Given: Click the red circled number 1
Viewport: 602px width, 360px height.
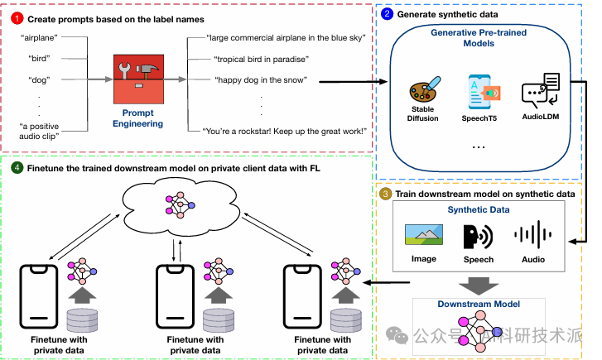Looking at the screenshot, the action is (x=17, y=19).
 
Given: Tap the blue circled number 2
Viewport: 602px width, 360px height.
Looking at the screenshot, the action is (x=387, y=14).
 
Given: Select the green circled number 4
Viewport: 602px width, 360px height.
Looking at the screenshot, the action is (x=17, y=168).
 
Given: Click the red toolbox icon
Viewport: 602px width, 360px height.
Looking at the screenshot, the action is (x=138, y=79).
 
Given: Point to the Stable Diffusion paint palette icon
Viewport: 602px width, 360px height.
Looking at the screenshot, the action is (x=425, y=89).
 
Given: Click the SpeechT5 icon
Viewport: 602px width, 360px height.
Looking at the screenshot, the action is (x=483, y=93).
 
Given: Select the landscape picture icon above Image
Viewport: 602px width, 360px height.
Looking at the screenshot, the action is (x=424, y=234).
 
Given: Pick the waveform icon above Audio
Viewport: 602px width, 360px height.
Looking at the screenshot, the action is (x=533, y=234).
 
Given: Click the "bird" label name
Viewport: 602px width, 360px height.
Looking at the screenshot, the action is (x=39, y=58).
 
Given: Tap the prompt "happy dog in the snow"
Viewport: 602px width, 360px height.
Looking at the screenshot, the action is (x=261, y=79).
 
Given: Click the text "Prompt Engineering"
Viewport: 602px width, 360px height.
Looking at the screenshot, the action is (x=137, y=118).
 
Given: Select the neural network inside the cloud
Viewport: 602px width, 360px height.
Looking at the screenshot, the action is (x=180, y=205).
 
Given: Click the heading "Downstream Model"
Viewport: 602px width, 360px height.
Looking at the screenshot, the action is (x=479, y=304).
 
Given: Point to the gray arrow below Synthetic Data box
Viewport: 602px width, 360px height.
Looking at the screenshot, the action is (x=479, y=286).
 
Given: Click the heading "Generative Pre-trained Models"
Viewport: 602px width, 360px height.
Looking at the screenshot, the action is (x=479, y=37).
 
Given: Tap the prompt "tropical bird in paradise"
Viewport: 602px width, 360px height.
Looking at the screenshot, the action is (x=262, y=59).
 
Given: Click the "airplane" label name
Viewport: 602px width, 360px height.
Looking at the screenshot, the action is (x=39, y=37).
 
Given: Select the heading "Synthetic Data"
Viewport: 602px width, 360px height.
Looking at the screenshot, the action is (x=479, y=209).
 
